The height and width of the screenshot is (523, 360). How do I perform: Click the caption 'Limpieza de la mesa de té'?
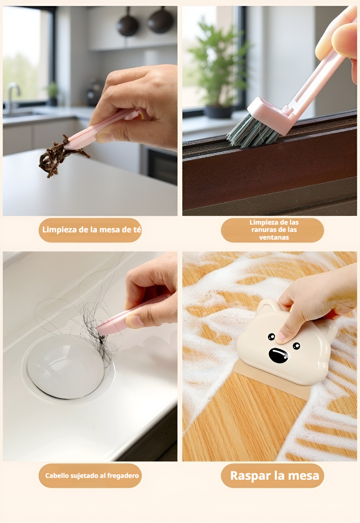[x=92, y=230]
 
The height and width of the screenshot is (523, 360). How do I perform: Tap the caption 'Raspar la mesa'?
[x=275, y=476]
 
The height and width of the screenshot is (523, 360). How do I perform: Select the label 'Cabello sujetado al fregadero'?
[x=92, y=476]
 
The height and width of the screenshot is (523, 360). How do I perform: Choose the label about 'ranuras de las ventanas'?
[x=273, y=230]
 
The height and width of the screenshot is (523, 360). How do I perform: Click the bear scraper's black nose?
[x=278, y=355]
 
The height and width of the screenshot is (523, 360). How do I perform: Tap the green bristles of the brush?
[x=252, y=131]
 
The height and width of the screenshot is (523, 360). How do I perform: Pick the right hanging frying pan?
[x=160, y=21]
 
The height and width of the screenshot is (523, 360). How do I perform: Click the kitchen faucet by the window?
[x=12, y=95]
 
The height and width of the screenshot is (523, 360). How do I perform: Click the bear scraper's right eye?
[x=296, y=346]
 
